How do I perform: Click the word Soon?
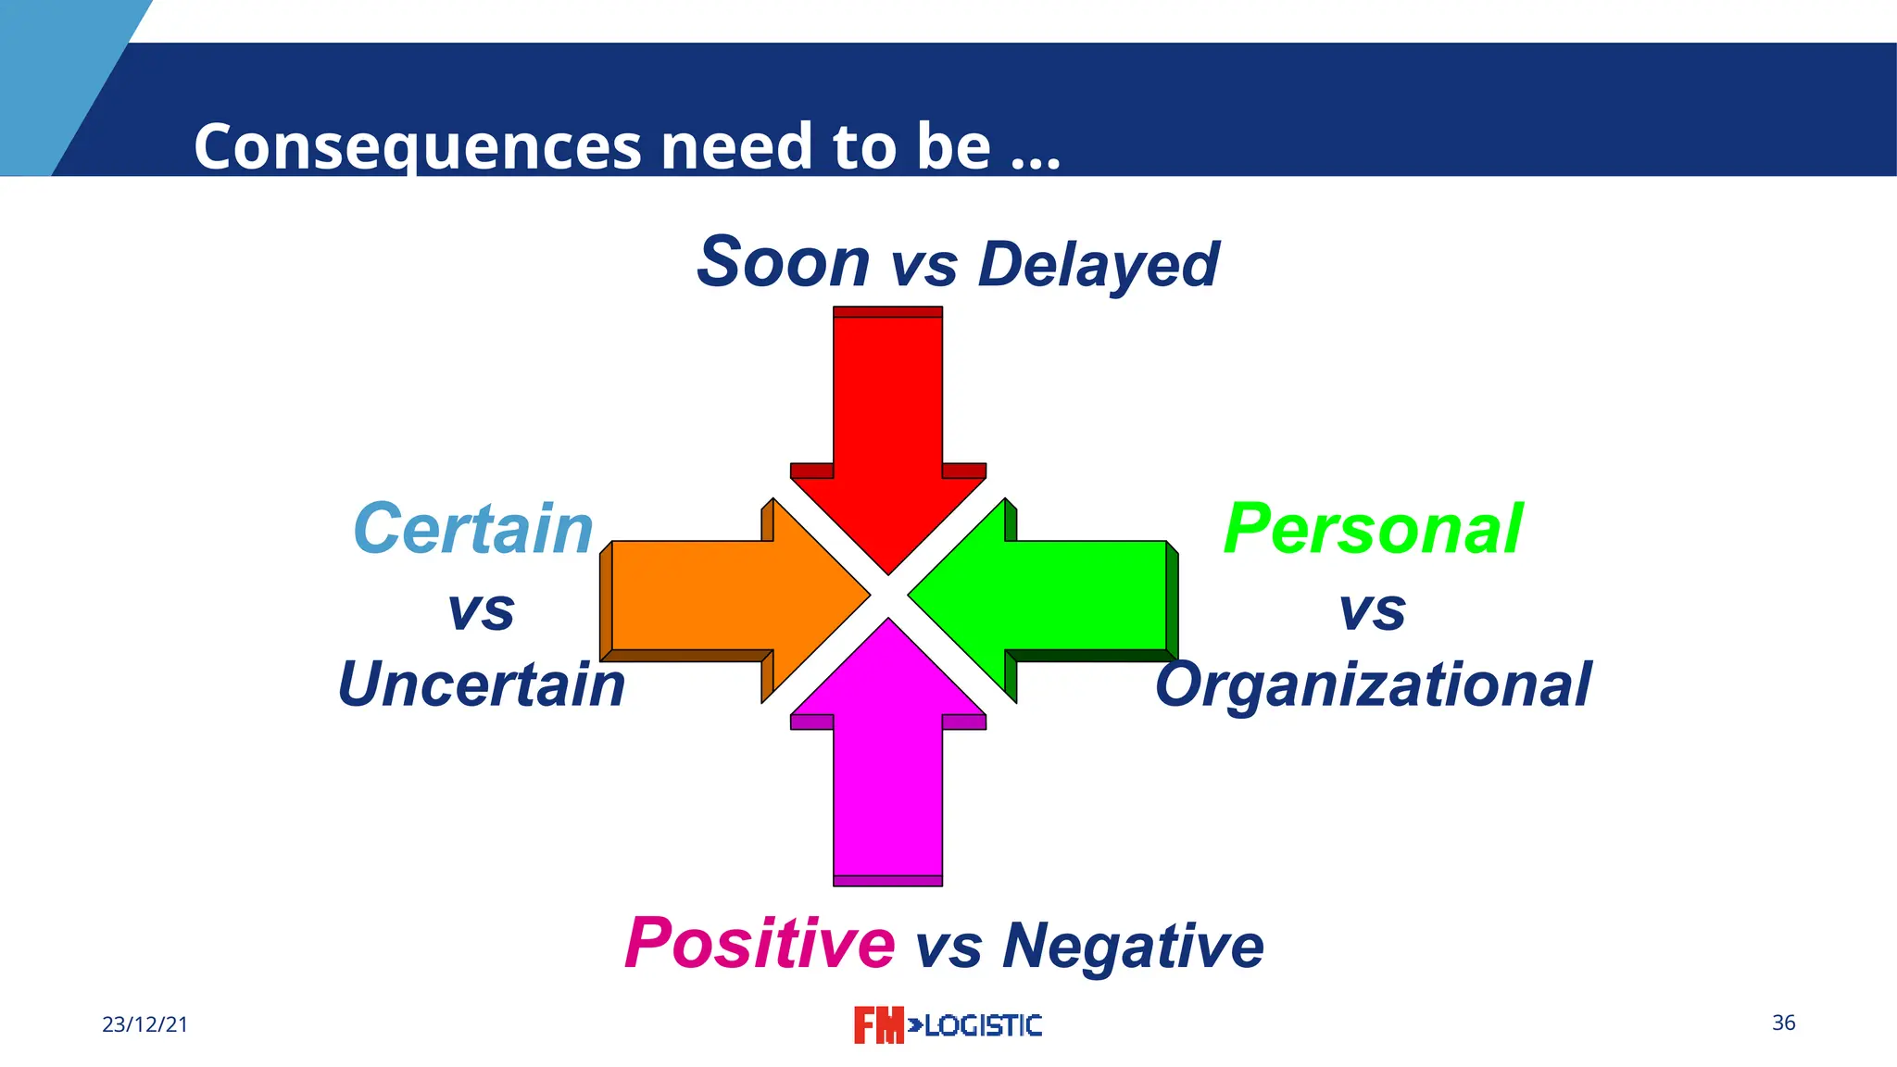click(x=783, y=263)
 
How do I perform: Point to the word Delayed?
click(x=1099, y=265)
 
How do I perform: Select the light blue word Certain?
click(x=473, y=530)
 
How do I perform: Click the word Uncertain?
click(x=482, y=685)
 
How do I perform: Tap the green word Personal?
click(x=1373, y=530)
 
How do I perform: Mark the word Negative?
click(x=1133, y=947)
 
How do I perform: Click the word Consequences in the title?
click(x=417, y=146)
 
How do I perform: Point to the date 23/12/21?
click(x=144, y=1024)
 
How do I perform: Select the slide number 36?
click(x=1783, y=1023)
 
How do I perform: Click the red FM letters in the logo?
click(x=877, y=1025)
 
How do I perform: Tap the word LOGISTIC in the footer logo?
click(x=983, y=1025)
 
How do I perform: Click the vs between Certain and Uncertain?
click(x=481, y=611)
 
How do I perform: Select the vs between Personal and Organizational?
click(x=1373, y=611)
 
